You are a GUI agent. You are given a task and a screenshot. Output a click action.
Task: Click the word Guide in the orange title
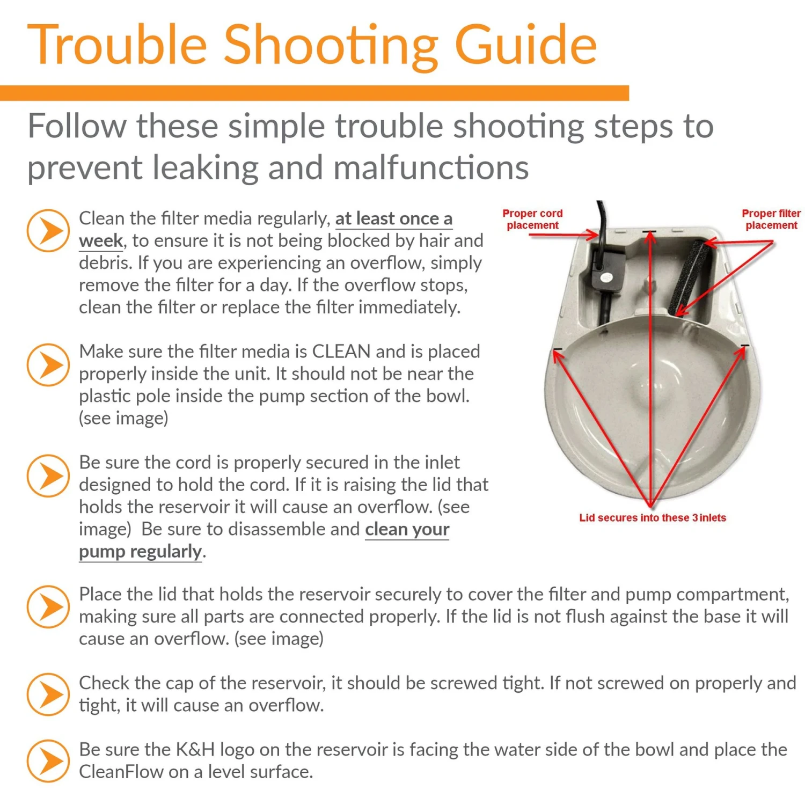[x=525, y=45]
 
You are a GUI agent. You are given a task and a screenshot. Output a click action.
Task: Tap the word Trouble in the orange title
[x=117, y=45]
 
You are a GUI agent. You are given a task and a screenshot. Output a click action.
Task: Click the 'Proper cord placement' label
[x=532, y=219]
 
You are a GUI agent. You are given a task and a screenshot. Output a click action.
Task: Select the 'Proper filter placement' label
[x=771, y=219]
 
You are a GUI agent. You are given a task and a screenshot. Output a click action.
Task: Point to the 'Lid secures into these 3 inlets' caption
[x=652, y=517]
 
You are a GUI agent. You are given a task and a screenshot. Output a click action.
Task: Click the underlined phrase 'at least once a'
[x=394, y=218]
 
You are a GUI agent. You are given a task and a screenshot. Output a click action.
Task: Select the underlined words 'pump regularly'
[x=141, y=551]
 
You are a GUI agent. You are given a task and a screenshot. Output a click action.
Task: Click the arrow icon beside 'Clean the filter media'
[x=48, y=231]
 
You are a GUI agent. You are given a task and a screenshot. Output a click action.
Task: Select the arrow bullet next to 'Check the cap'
[x=48, y=694]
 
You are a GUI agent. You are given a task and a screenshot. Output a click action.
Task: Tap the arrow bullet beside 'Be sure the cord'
[x=48, y=476]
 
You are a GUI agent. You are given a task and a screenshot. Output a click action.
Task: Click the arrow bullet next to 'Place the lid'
[x=48, y=606]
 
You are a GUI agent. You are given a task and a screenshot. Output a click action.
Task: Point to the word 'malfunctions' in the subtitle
[x=431, y=167]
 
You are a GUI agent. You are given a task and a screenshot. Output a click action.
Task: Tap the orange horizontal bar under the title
[x=314, y=93]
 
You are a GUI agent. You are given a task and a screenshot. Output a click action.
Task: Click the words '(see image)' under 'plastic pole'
[x=123, y=418]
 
